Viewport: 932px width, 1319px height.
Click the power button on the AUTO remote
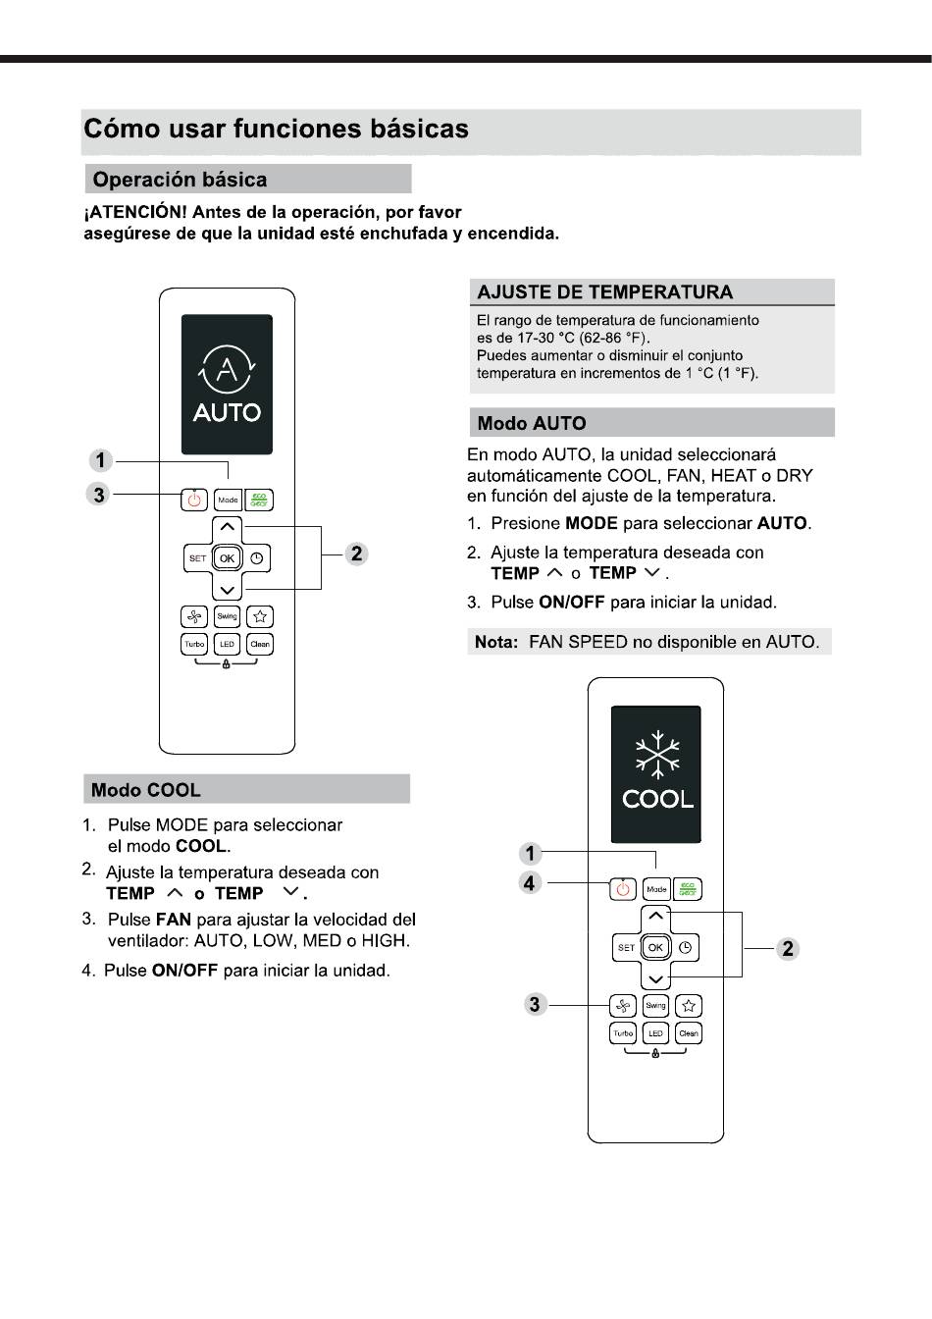[x=194, y=500]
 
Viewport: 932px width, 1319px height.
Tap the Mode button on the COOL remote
[x=656, y=889]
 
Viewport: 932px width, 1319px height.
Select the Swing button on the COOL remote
[x=655, y=1005]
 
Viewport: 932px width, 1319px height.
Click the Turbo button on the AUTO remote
[x=194, y=644]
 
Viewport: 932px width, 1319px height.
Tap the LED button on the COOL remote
[x=655, y=1032]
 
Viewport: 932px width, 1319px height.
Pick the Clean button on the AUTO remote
[x=260, y=644]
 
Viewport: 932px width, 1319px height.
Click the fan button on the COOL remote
[x=623, y=1005]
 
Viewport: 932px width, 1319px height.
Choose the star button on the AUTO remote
[x=260, y=616]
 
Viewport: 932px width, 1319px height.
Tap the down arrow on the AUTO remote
[x=228, y=590]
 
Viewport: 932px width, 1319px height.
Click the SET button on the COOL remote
[x=626, y=947]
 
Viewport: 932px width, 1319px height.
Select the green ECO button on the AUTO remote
[x=259, y=500]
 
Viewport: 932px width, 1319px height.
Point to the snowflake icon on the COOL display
[x=657, y=755]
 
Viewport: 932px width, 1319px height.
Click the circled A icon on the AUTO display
[x=228, y=369]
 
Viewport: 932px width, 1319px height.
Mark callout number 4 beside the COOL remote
[x=530, y=883]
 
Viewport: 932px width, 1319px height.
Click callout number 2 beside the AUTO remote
[x=356, y=554]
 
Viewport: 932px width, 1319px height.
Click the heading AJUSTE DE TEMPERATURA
[x=604, y=292]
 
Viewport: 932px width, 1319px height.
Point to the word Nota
[x=495, y=642]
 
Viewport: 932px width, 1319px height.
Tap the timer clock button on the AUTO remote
[x=257, y=558]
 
